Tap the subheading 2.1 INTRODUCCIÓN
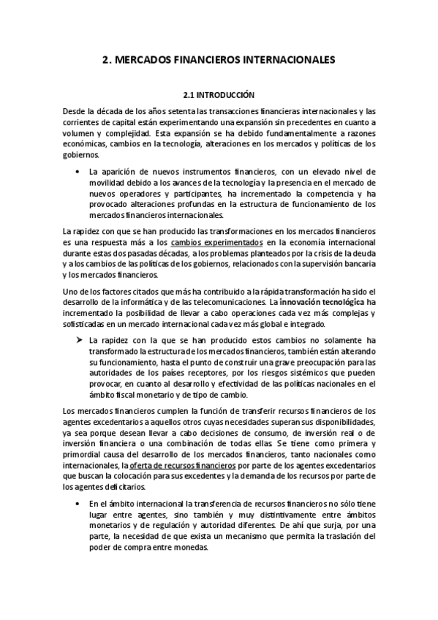pyautogui.click(x=219, y=95)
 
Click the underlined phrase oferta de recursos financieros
pyautogui.click(x=183, y=465)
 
